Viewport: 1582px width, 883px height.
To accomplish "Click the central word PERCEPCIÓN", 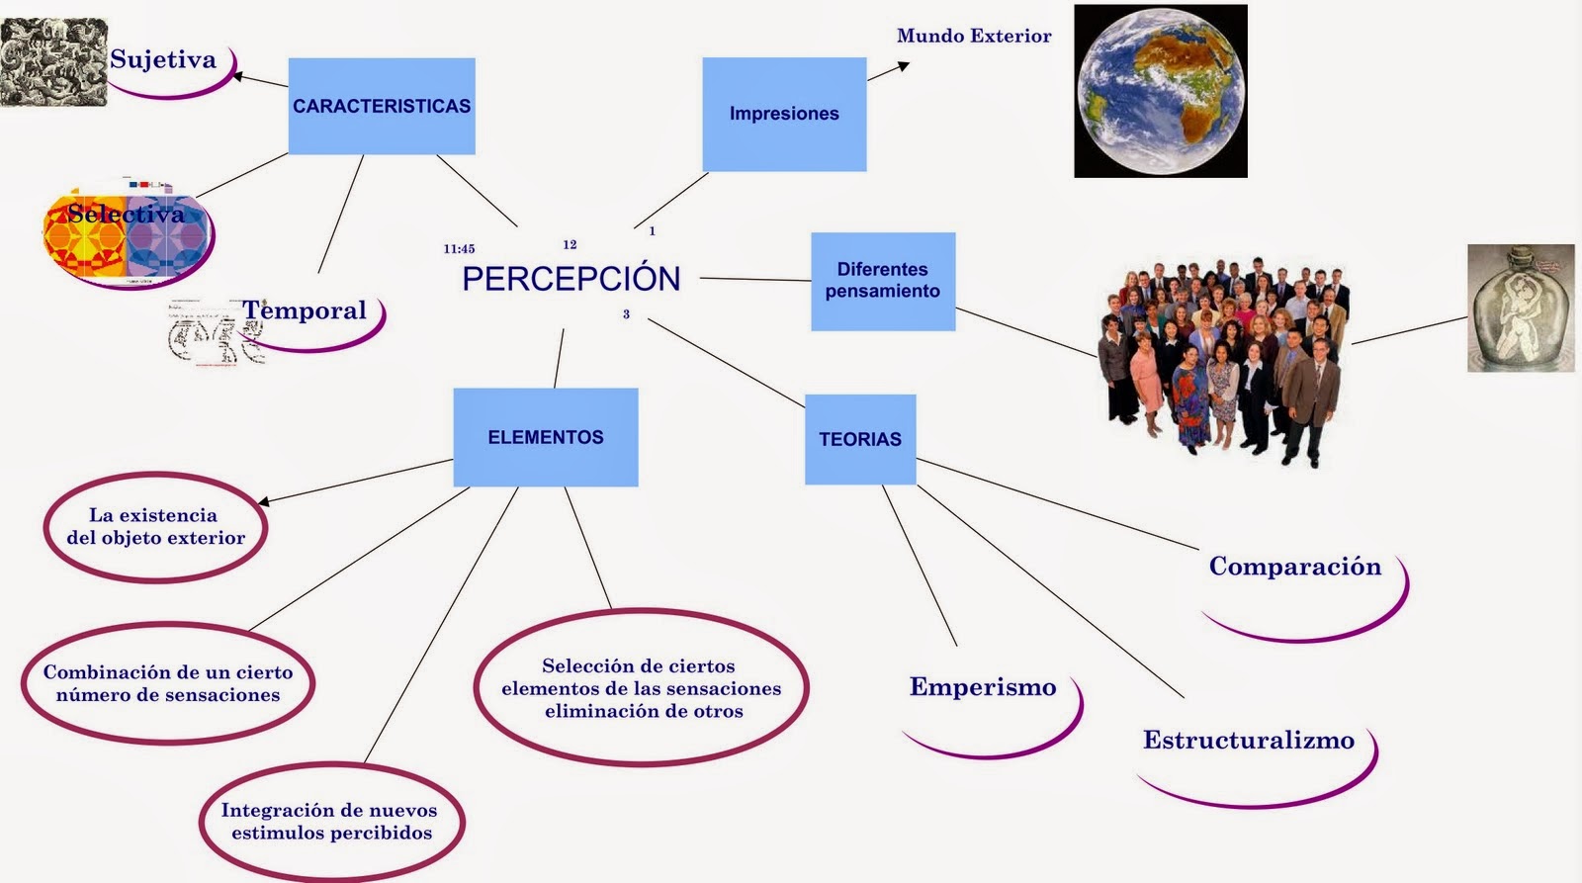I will (571, 279).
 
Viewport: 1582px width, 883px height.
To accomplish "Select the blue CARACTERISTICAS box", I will (382, 106).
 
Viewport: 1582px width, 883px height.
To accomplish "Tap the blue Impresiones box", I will (784, 114).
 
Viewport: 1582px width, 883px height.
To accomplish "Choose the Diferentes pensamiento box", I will (883, 281).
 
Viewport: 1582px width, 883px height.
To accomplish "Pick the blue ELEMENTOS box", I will (546, 437).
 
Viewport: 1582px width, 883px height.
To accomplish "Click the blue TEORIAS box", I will (860, 439).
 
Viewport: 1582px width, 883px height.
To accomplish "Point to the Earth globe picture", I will (1160, 91).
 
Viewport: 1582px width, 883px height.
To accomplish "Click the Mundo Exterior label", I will (974, 37).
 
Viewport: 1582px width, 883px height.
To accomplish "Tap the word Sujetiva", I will (163, 59).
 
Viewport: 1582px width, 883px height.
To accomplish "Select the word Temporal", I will (305, 310).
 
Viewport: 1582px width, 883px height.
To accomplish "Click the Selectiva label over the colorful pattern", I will (127, 214).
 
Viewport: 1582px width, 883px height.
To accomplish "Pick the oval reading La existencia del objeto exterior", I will (156, 526).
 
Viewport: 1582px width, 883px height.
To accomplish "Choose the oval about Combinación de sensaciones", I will (168, 683).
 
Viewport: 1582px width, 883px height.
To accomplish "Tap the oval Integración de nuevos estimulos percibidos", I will (330, 822).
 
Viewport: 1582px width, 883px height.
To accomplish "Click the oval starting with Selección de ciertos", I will (642, 688).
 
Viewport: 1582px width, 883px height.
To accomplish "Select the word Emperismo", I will (983, 687).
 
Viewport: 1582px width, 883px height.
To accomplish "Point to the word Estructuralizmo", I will (1249, 741).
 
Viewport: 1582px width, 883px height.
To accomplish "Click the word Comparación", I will (1295, 567).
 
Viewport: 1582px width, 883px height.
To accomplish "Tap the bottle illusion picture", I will (1521, 308).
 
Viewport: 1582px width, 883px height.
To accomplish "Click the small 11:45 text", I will (459, 249).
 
